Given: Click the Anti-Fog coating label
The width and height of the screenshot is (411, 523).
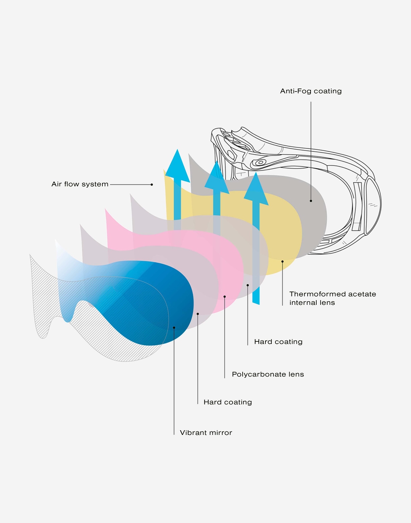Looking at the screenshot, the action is (x=311, y=91).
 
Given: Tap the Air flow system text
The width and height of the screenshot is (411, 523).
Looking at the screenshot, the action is (x=80, y=184).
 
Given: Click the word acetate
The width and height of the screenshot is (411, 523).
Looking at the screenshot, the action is (x=362, y=294).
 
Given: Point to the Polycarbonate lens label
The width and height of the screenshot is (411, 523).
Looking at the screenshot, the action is (x=268, y=374).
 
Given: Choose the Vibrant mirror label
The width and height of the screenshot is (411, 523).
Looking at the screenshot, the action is (x=206, y=433).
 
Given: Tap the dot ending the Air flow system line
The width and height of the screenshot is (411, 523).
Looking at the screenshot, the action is (x=152, y=185).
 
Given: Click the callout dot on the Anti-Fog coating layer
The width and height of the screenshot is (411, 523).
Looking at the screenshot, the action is (x=311, y=201).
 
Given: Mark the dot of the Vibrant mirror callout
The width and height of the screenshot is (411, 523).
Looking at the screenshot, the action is (x=174, y=328).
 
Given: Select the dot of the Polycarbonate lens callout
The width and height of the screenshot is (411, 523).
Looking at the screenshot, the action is (x=225, y=297).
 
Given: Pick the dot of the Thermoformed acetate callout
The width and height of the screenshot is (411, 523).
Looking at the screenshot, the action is (x=282, y=261).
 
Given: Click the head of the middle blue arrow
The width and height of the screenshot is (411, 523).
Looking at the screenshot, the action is (x=217, y=178).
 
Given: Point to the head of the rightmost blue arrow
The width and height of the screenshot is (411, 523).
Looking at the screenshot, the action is (x=256, y=189).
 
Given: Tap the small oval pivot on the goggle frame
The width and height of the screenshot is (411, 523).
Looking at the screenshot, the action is (x=260, y=162).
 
